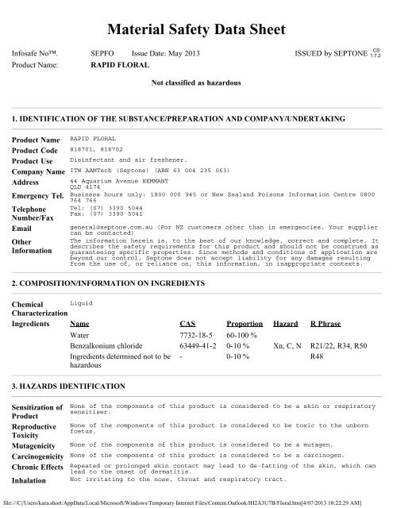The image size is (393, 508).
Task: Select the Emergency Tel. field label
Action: click(36, 195)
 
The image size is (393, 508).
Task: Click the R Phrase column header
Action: click(325, 324)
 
